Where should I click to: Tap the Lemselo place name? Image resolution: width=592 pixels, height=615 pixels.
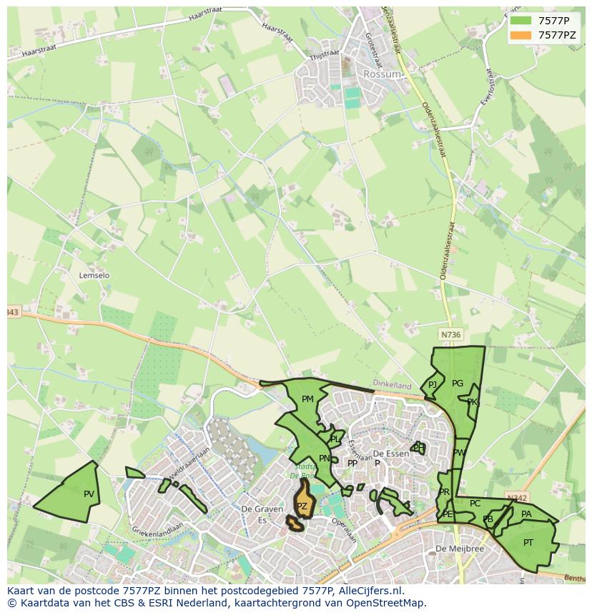click(x=94, y=275)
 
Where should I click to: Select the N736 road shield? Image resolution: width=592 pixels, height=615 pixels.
click(x=450, y=334)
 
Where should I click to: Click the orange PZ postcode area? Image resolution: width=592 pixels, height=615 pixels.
click(x=302, y=503)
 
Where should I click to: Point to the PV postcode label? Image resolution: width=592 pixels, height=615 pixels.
click(x=89, y=494)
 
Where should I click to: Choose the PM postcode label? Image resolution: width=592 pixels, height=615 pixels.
click(x=307, y=399)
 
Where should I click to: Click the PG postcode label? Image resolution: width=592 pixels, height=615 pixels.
click(x=458, y=384)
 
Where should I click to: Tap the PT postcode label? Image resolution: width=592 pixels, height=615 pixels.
click(x=528, y=543)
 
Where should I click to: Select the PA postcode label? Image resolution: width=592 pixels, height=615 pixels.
click(x=526, y=514)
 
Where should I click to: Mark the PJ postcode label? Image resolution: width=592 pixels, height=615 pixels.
click(x=432, y=385)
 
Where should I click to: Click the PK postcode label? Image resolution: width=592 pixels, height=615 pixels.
click(x=472, y=402)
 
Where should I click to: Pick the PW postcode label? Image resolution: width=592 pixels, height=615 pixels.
click(x=459, y=453)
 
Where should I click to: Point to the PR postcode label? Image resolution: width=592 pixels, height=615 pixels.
click(x=444, y=492)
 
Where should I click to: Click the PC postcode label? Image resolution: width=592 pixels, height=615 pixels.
click(x=475, y=504)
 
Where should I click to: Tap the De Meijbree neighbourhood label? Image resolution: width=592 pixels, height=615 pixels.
click(x=460, y=549)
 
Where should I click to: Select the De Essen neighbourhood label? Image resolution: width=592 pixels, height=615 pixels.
click(x=390, y=454)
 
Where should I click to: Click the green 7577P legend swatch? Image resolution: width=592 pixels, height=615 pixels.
click(x=521, y=21)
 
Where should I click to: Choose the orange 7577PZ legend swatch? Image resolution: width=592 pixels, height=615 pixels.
click(x=521, y=34)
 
